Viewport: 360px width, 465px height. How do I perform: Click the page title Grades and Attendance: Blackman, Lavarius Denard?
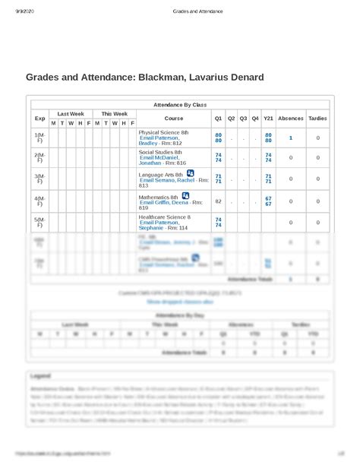click(144, 77)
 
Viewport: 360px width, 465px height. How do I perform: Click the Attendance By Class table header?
click(179, 104)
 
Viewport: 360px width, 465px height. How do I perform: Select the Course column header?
click(173, 119)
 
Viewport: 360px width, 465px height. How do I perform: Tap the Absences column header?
click(290, 119)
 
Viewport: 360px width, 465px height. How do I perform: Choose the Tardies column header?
click(317, 119)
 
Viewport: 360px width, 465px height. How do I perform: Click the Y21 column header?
click(268, 119)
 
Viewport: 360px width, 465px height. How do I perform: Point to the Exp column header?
click(39, 119)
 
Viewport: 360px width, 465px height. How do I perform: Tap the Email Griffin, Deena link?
click(165, 203)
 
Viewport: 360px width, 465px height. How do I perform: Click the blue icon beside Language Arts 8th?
click(190, 173)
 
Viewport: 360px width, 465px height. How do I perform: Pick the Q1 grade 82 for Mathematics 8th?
click(219, 201)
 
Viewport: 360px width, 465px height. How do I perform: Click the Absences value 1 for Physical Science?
click(290, 138)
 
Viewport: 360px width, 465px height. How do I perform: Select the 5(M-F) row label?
click(39, 223)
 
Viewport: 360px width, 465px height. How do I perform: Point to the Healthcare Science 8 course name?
click(164, 217)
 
